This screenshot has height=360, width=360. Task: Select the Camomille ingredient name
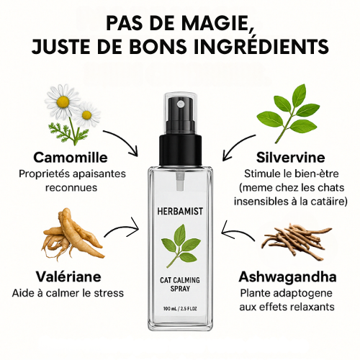pos(71,158)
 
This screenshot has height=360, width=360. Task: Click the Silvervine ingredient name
pos(290,158)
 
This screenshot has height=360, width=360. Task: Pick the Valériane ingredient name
pos(68,276)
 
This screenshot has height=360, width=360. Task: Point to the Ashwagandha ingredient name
pos(287,276)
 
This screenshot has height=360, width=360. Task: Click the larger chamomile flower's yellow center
pos(63,102)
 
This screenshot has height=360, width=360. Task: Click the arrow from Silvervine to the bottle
pos(236,145)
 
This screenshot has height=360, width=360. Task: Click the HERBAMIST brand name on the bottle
pos(180,211)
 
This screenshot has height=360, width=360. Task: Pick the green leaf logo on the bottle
pos(181,245)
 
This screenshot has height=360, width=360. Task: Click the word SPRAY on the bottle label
pos(180,289)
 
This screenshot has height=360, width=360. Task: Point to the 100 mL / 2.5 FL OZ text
pos(180,309)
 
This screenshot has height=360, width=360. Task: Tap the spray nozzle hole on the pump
pos(180,104)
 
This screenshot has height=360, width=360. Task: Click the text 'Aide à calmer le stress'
pos(68,293)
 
